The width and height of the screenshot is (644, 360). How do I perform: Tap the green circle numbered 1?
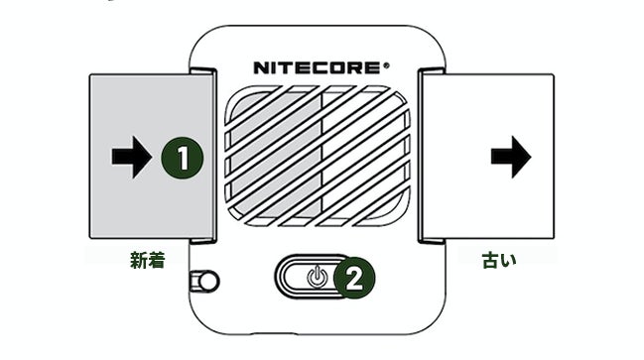point(183,158)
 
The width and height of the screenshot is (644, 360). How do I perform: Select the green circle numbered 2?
point(354,279)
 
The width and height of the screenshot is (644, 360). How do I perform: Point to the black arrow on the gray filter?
point(131,158)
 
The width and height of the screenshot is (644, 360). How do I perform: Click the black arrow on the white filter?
point(511,157)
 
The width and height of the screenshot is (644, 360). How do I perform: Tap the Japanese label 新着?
point(148,260)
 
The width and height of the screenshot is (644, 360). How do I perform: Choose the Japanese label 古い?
point(499,260)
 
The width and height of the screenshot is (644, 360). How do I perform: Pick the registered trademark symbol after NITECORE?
point(386,64)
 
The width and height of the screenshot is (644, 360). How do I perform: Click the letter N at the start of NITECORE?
point(262,68)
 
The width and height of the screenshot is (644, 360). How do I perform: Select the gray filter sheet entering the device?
point(151,157)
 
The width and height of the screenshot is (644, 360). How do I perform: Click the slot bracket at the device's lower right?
point(432,240)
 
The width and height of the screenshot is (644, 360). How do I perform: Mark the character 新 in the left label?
point(138,260)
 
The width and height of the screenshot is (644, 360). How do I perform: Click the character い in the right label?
point(508,261)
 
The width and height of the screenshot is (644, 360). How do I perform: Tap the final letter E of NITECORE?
point(372,68)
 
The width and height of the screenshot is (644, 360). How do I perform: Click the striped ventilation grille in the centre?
point(318,156)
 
